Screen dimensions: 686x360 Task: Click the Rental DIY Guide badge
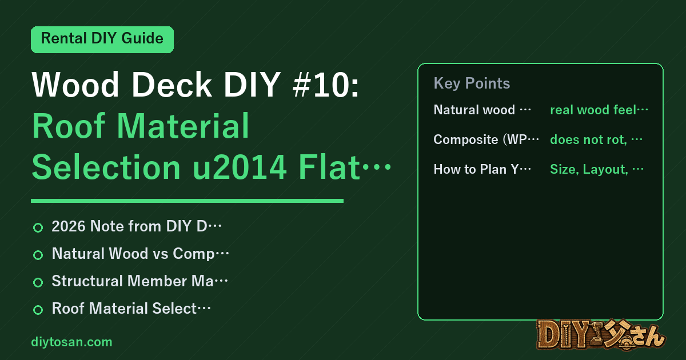[102, 39]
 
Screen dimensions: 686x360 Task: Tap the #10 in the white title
[325, 84]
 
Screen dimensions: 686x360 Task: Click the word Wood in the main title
[75, 84]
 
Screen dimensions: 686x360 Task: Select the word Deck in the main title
[171, 84]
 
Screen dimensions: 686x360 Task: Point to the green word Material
[183, 126]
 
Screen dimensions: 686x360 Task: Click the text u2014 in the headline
[239, 167]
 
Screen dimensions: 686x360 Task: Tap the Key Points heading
[472, 83]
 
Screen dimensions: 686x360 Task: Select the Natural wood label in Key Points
[474, 110]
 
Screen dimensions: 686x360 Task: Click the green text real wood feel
[593, 110]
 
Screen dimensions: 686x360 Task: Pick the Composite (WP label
[480, 139]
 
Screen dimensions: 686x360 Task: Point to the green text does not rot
[588, 139]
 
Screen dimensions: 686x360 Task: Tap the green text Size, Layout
[589, 169]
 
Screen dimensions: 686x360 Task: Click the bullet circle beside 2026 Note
[38, 227]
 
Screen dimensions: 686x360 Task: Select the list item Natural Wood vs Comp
[133, 254]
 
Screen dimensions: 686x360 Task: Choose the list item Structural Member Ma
[133, 281]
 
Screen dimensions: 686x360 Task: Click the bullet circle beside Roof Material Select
[38, 310]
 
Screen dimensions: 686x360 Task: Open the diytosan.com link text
[71, 342]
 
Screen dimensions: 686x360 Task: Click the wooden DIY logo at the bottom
[601, 335]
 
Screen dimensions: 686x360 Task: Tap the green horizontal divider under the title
[187, 201]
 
